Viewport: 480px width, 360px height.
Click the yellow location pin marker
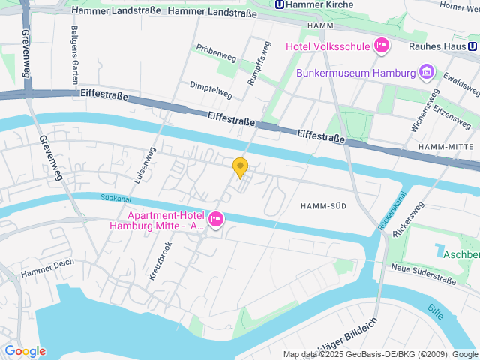click(x=240, y=167)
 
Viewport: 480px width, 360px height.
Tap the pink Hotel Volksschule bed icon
click(x=382, y=46)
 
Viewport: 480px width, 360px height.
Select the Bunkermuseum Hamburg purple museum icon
click(x=426, y=73)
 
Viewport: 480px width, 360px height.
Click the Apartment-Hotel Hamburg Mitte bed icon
click(x=216, y=219)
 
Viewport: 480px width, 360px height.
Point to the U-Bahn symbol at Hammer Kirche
click(x=280, y=4)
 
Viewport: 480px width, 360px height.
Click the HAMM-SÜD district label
click(x=323, y=205)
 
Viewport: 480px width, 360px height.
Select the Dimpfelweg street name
click(x=211, y=90)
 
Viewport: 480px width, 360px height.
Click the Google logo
click(x=24, y=350)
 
